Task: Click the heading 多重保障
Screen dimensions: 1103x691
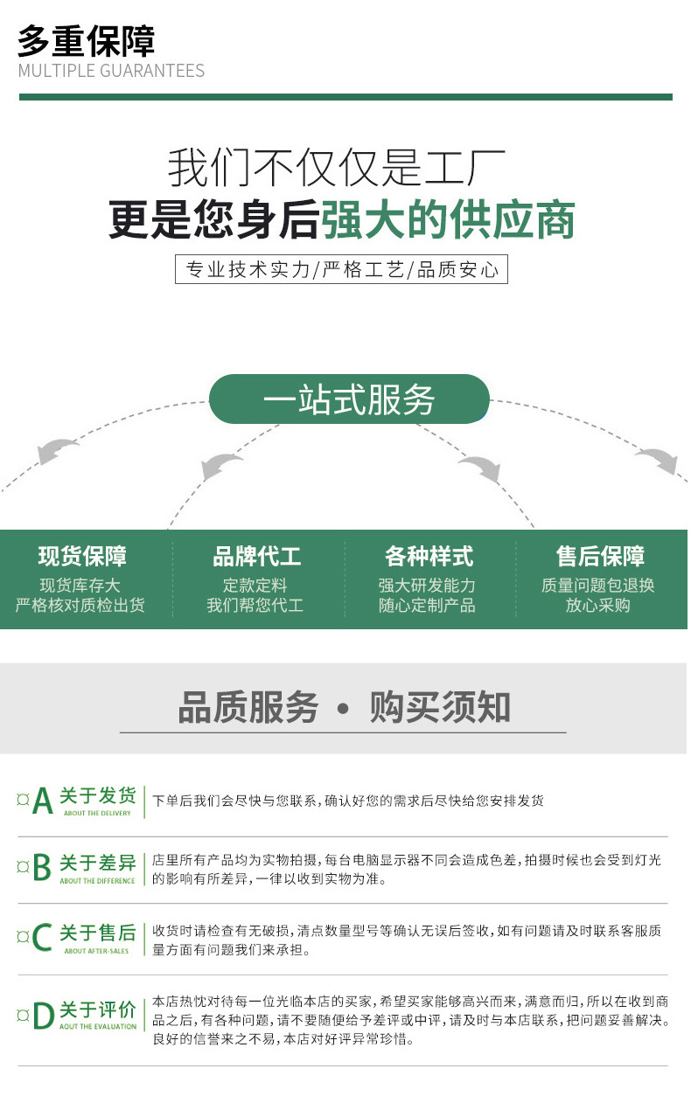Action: (86, 40)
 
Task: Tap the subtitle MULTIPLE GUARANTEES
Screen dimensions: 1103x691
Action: (111, 71)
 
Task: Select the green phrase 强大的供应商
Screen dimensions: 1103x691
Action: (448, 219)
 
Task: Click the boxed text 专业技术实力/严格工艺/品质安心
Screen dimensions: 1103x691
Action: (341, 269)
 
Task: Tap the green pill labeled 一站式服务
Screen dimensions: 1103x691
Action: (349, 400)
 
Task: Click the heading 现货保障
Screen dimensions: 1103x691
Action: (82, 556)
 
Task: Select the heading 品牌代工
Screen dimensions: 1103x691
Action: (256, 556)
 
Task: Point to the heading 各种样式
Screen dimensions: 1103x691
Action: (429, 556)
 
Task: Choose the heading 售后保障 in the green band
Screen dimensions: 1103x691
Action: (600, 556)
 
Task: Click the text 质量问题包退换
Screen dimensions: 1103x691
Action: (598, 586)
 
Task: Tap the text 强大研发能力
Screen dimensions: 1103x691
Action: (427, 586)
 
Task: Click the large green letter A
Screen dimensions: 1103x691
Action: (43, 801)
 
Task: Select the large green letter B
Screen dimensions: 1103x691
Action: (42, 869)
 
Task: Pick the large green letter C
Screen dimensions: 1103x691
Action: (42, 937)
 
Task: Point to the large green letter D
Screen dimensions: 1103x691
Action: (43, 1016)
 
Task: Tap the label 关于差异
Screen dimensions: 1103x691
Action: (97, 864)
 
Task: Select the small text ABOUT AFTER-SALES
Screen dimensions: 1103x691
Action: (97, 950)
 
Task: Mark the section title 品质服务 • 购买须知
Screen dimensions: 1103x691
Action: (344, 707)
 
